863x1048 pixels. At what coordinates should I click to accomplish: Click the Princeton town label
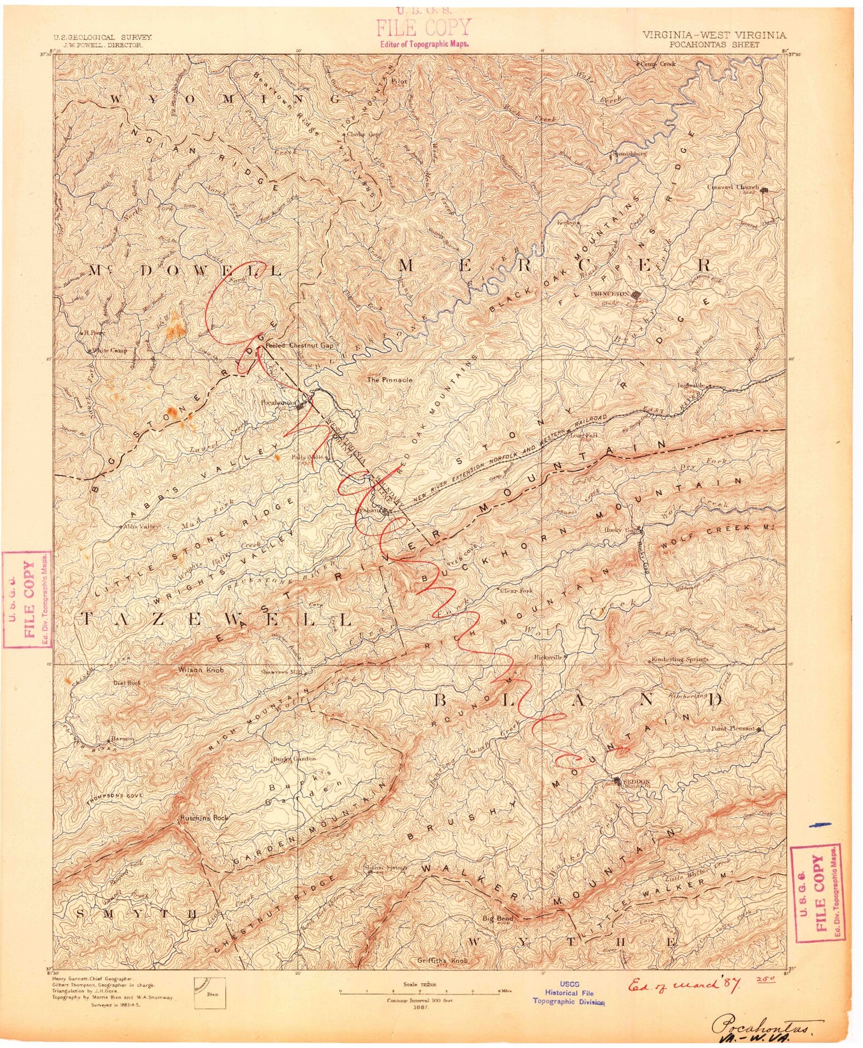[608, 293]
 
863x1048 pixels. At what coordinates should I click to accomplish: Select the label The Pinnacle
[390, 379]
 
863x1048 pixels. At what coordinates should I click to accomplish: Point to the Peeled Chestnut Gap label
[299, 345]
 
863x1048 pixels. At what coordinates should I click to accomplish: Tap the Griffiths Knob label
[443, 960]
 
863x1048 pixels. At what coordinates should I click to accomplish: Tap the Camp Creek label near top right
[658, 64]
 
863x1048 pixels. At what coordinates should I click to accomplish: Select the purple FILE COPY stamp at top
[423, 27]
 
